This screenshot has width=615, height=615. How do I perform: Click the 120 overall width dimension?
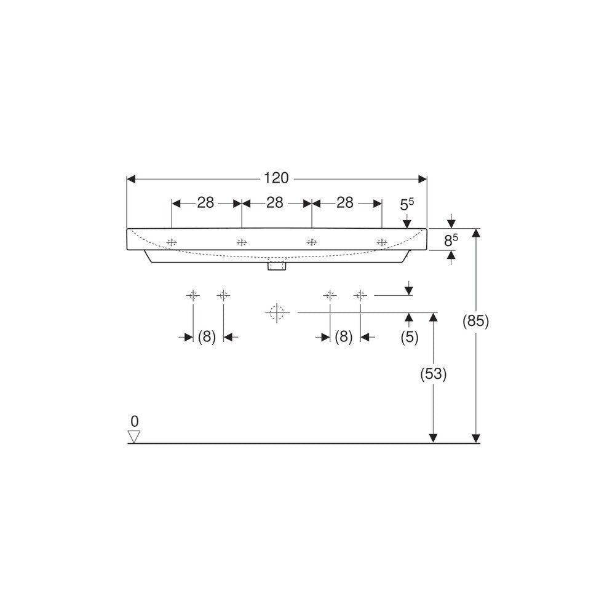tap(276, 178)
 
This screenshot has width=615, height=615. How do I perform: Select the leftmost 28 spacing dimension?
tap(205, 203)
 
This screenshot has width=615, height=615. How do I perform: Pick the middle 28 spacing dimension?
tap(275, 203)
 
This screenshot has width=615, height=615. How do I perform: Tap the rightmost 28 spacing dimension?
tap(345, 203)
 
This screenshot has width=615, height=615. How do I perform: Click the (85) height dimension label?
tap(476, 322)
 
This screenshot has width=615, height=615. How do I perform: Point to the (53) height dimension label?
tap(434, 374)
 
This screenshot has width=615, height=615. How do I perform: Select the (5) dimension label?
tap(410, 337)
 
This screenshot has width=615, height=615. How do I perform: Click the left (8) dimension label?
tap(207, 336)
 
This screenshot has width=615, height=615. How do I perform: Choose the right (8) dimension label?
tap(344, 336)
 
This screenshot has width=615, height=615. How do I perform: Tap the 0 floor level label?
tap(135, 422)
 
